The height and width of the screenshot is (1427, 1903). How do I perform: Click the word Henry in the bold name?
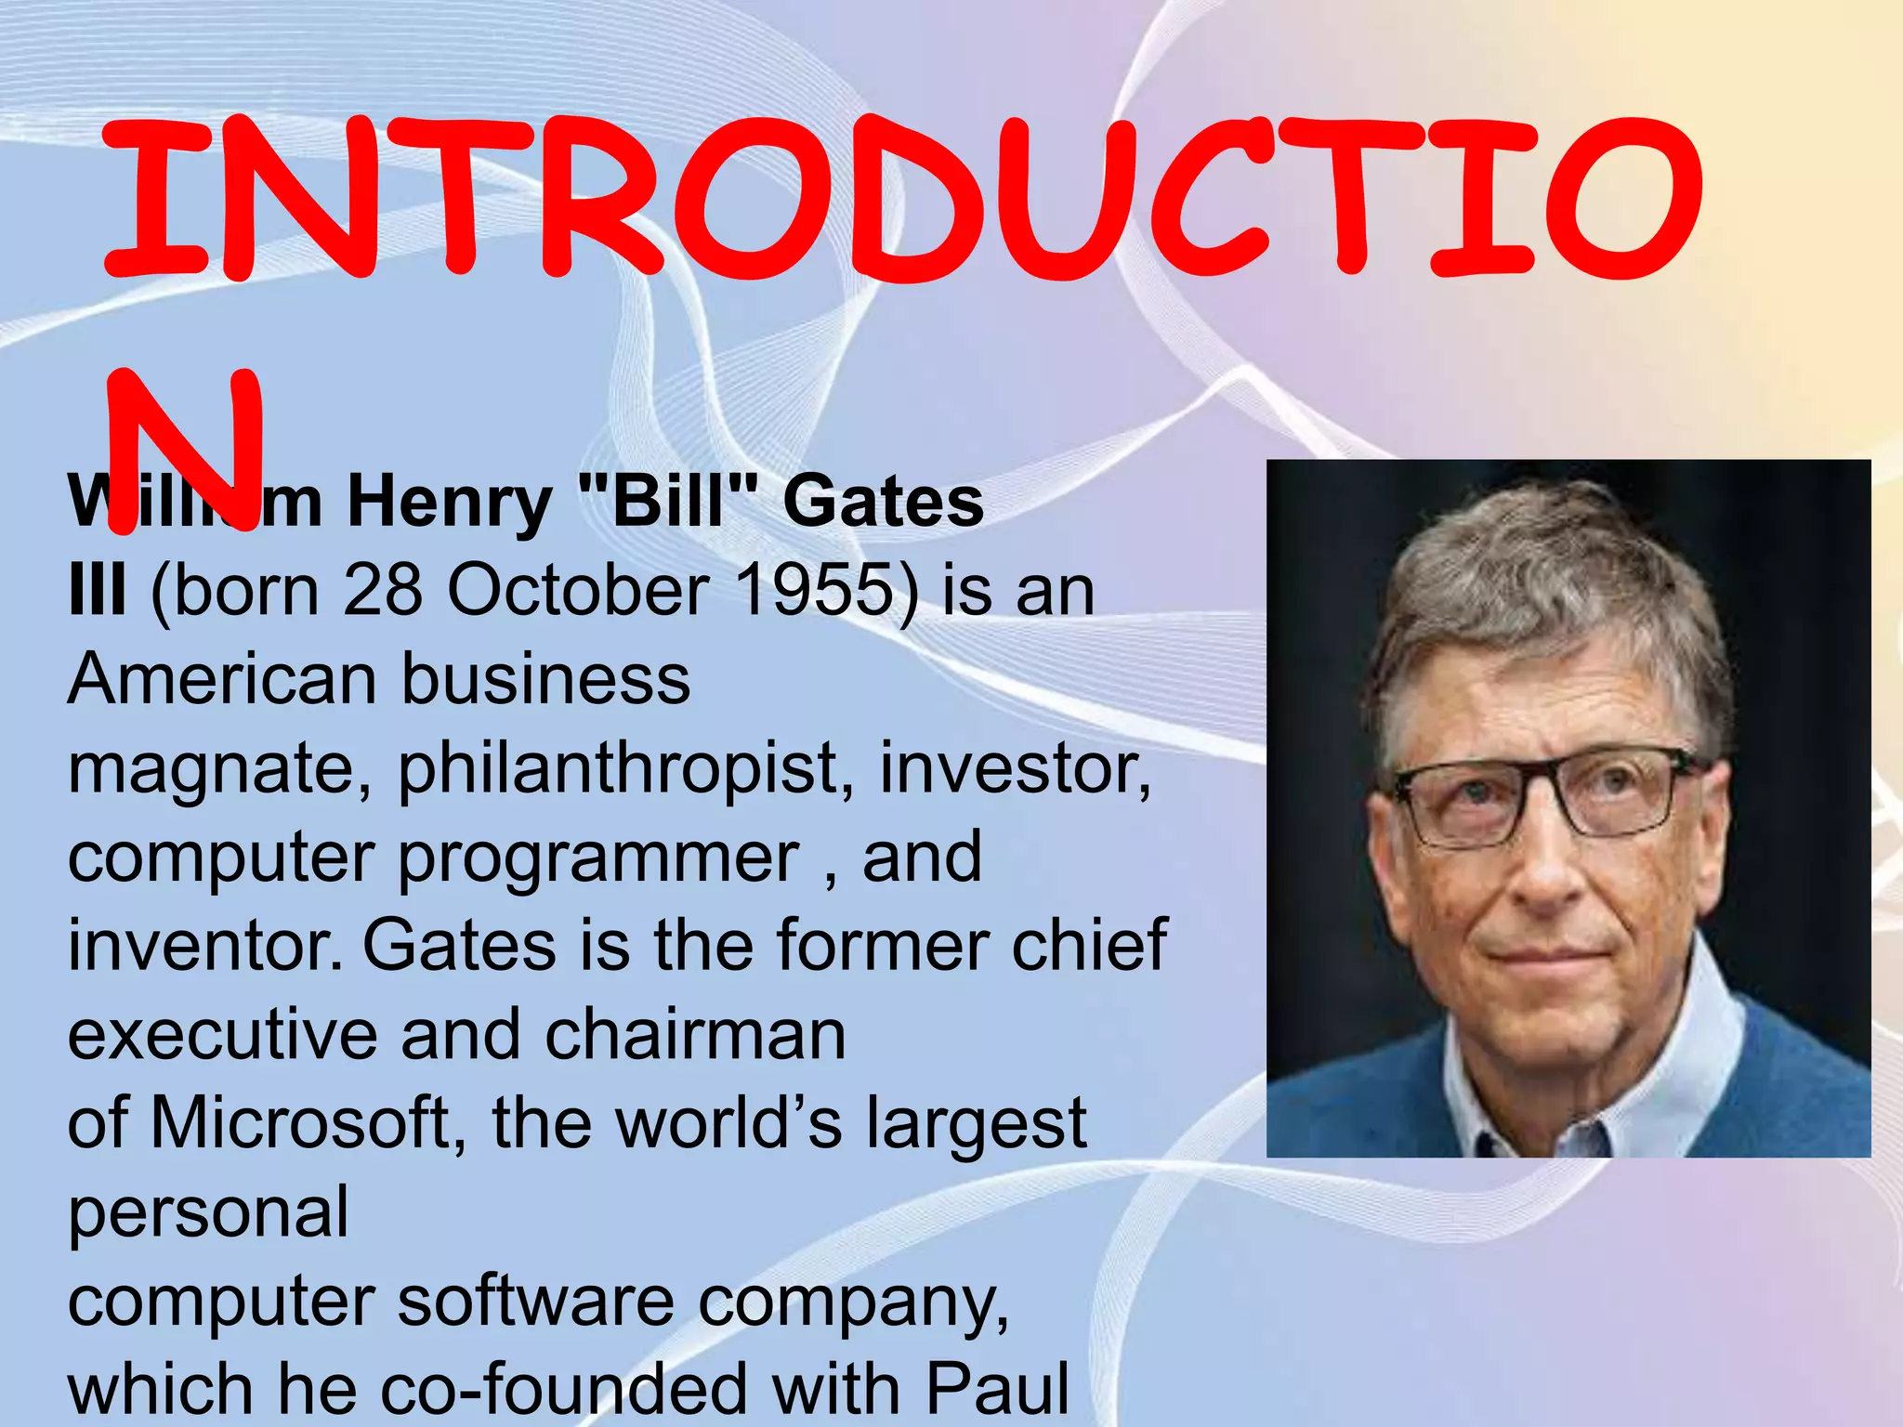coord(449,503)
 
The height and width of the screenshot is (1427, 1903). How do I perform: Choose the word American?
coord(221,678)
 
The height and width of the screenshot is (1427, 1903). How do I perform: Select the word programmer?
coord(598,858)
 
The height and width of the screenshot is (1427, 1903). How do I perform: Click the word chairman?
coord(695,1035)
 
